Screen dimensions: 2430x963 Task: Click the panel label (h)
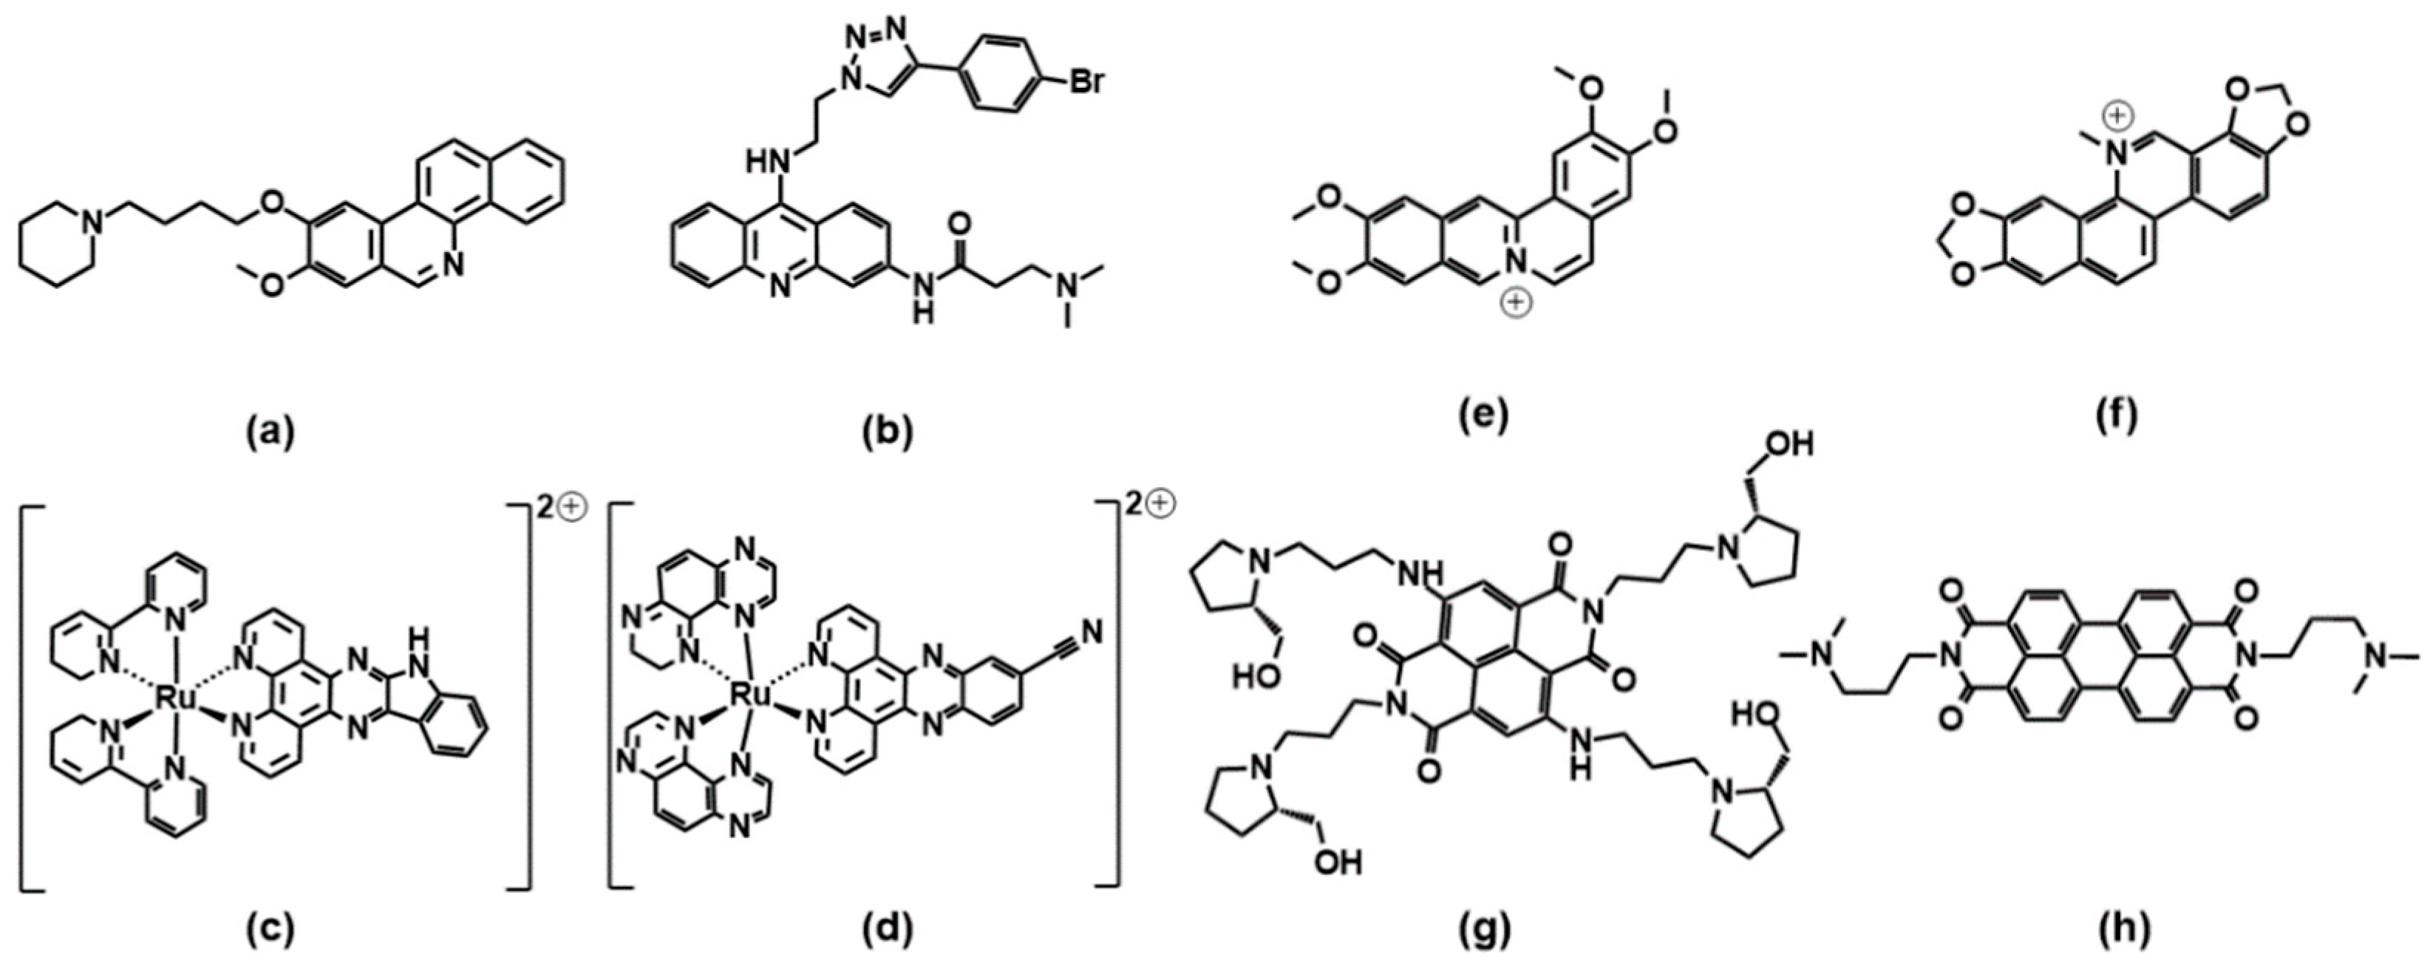click(2114, 929)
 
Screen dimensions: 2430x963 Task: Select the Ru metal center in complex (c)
click(174, 699)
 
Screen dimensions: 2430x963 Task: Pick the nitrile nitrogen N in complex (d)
click(1092, 632)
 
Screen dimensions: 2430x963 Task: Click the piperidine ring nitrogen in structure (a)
click(91, 222)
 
